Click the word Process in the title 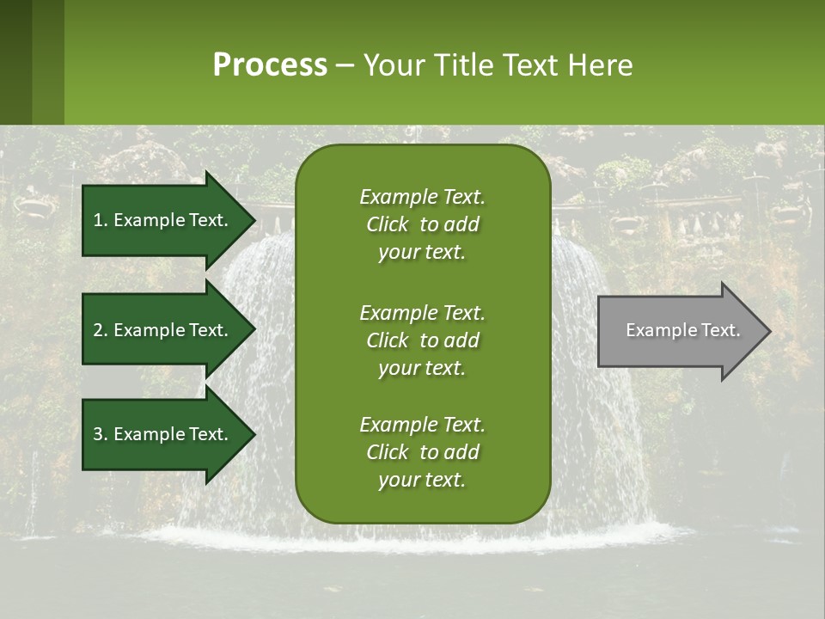[270, 65]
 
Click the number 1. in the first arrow [101, 220]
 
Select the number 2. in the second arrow [101, 330]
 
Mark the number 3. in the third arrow [101, 434]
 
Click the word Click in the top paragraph [387, 225]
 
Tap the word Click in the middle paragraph [387, 340]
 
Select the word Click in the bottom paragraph [387, 452]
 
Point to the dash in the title [345, 66]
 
